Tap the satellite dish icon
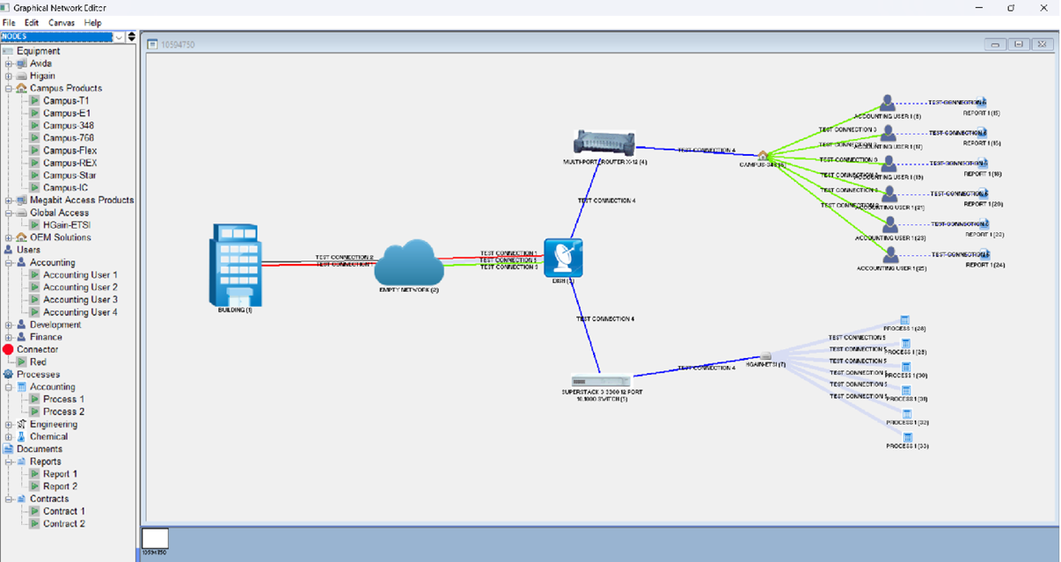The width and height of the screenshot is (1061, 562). pos(563,258)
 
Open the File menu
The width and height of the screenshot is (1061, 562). pos(10,22)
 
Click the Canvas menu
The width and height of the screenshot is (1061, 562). pos(61,22)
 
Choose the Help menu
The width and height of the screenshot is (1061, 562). pos(92,22)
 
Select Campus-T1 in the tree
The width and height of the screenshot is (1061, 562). pos(66,101)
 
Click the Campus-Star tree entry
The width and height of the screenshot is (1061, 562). pos(70,175)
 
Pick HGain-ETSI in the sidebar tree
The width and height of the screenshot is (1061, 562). pos(67,225)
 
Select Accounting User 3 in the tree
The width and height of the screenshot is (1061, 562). pos(80,300)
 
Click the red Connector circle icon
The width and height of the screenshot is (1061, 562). pos(9,350)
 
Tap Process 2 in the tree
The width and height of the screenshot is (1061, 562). pos(64,412)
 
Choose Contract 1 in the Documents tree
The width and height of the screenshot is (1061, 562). pos(64,511)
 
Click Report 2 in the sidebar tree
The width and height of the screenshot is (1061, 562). pos(61,486)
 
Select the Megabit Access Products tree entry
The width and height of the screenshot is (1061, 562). pos(82,201)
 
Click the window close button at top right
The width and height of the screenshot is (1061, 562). pos(1043,7)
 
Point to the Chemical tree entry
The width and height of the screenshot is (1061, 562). pos(48,436)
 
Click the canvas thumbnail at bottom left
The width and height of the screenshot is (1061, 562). pos(155,539)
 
